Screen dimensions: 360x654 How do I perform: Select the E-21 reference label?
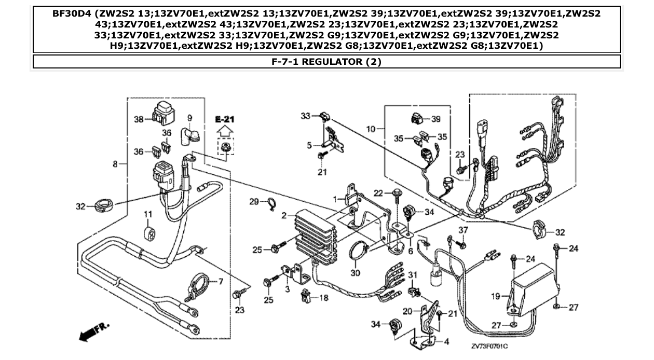[224, 119]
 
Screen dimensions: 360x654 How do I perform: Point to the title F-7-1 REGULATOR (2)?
[326, 62]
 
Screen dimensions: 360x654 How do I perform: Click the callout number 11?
[148, 214]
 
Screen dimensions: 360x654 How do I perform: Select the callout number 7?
[220, 282]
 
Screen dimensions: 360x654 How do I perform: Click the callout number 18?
[323, 298]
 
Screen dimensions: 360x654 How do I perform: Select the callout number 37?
[463, 230]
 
